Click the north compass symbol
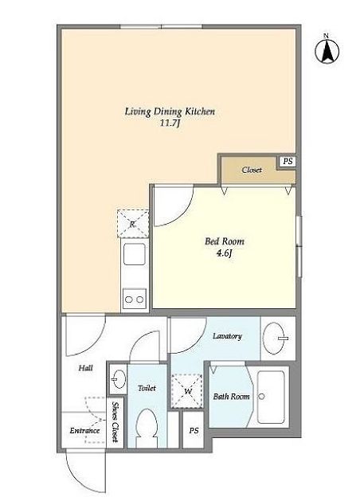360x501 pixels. click(327, 50)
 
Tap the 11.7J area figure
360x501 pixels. click(170, 123)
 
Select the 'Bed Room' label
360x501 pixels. click(225, 241)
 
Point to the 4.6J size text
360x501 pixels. click(225, 254)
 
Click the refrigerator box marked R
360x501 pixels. click(133, 224)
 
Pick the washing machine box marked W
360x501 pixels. click(187, 391)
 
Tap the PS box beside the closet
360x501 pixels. click(288, 162)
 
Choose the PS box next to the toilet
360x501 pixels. click(194, 430)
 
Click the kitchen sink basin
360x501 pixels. click(134, 254)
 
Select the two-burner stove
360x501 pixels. click(134, 299)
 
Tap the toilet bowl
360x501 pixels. click(146, 424)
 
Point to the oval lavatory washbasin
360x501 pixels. click(275, 339)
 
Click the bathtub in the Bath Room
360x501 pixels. click(271, 397)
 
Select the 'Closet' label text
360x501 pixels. click(252, 170)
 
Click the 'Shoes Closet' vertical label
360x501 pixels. click(115, 422)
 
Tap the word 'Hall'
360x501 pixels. click(85, 368)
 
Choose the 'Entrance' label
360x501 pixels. click(84, 431)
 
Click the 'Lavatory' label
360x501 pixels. click(227, 336)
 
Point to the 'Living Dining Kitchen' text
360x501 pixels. click(170, 112)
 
